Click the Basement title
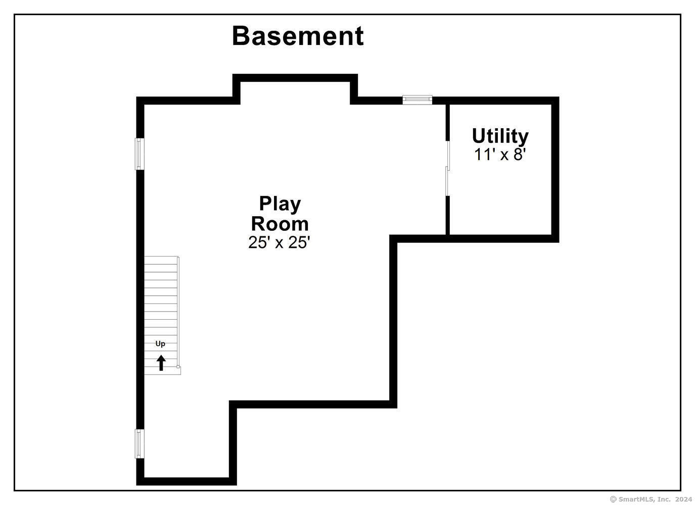pos(298,36)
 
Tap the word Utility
pos(500,136)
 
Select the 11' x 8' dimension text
pos(500,154)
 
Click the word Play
pos(280,205)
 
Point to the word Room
pos(280,224)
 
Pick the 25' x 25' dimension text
pos(279,242)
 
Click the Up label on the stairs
pos(160,344)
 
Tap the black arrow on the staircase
pos(161,363)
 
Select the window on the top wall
pos(418,100)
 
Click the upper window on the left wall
pos(140,154)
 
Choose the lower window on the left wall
pos(140,443)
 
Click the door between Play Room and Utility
pos(447,168)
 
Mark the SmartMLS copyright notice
pos(651,499)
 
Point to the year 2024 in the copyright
pos(683,499)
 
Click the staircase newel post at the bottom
pos(178,367)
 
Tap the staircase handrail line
pos(178,311)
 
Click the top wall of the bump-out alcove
pos(295,78)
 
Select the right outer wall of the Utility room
pos(555,170)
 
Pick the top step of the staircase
pos(161,261)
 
